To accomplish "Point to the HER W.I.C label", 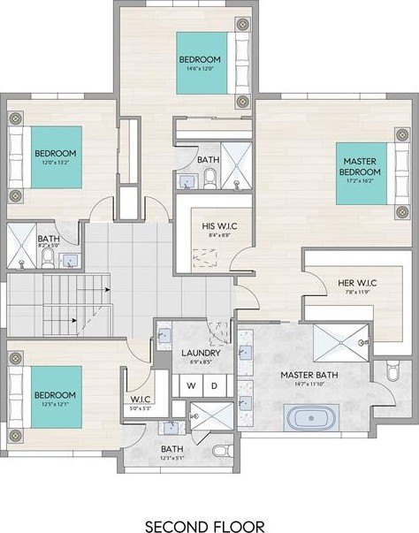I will pyautogui.click(x=358, y=284).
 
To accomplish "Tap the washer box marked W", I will pyautogui.click(x=189, y=386).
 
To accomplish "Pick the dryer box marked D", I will pyautogui.click(x=213, y=386).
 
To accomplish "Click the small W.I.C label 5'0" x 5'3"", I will pyautogui.click(x=140, y=408).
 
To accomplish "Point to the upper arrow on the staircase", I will pyautogui.click(x=107, y=289).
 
